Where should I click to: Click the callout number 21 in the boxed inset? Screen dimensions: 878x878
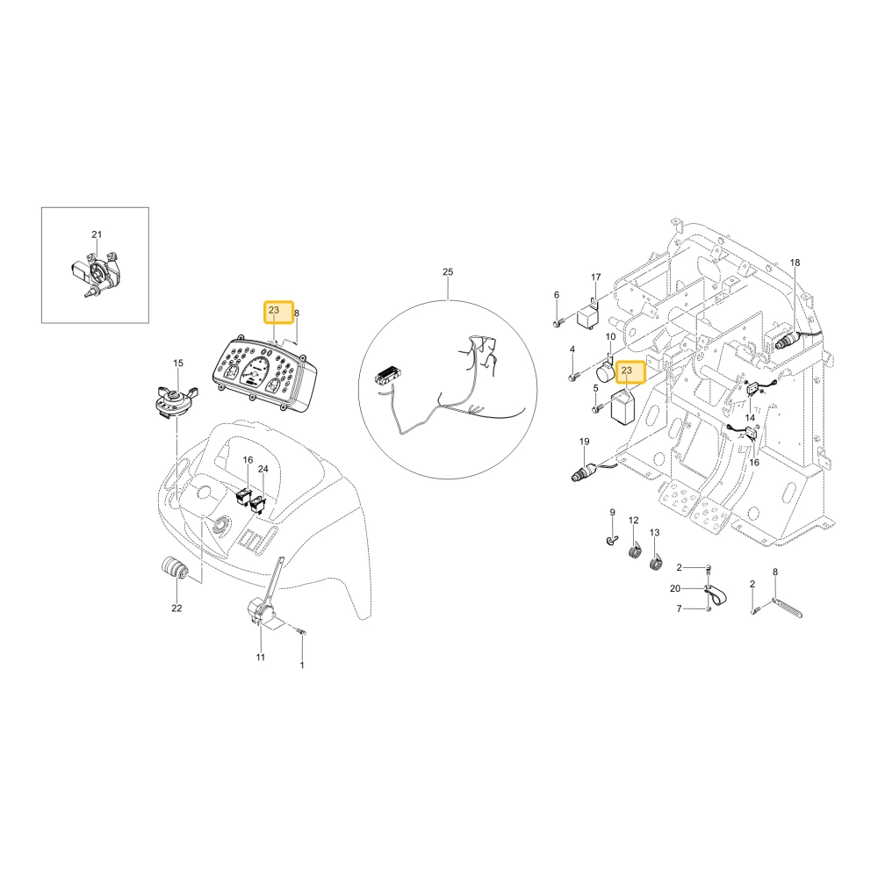pyautogui.click(x=97, y=234)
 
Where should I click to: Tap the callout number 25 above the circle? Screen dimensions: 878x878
pyautogui.click(x=448, y=272)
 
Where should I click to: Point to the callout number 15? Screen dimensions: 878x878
pyautogui.click(x=178, y=363)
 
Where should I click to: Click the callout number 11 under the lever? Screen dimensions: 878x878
pyautogui.click(x=261, y=658)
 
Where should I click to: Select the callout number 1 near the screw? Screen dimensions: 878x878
pyautogui.click(x=302, y=666)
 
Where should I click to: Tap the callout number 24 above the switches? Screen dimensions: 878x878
pyautogui.click(x=263, y=469)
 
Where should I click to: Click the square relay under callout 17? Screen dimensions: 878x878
pyautogui.click(x=588, y=315)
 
